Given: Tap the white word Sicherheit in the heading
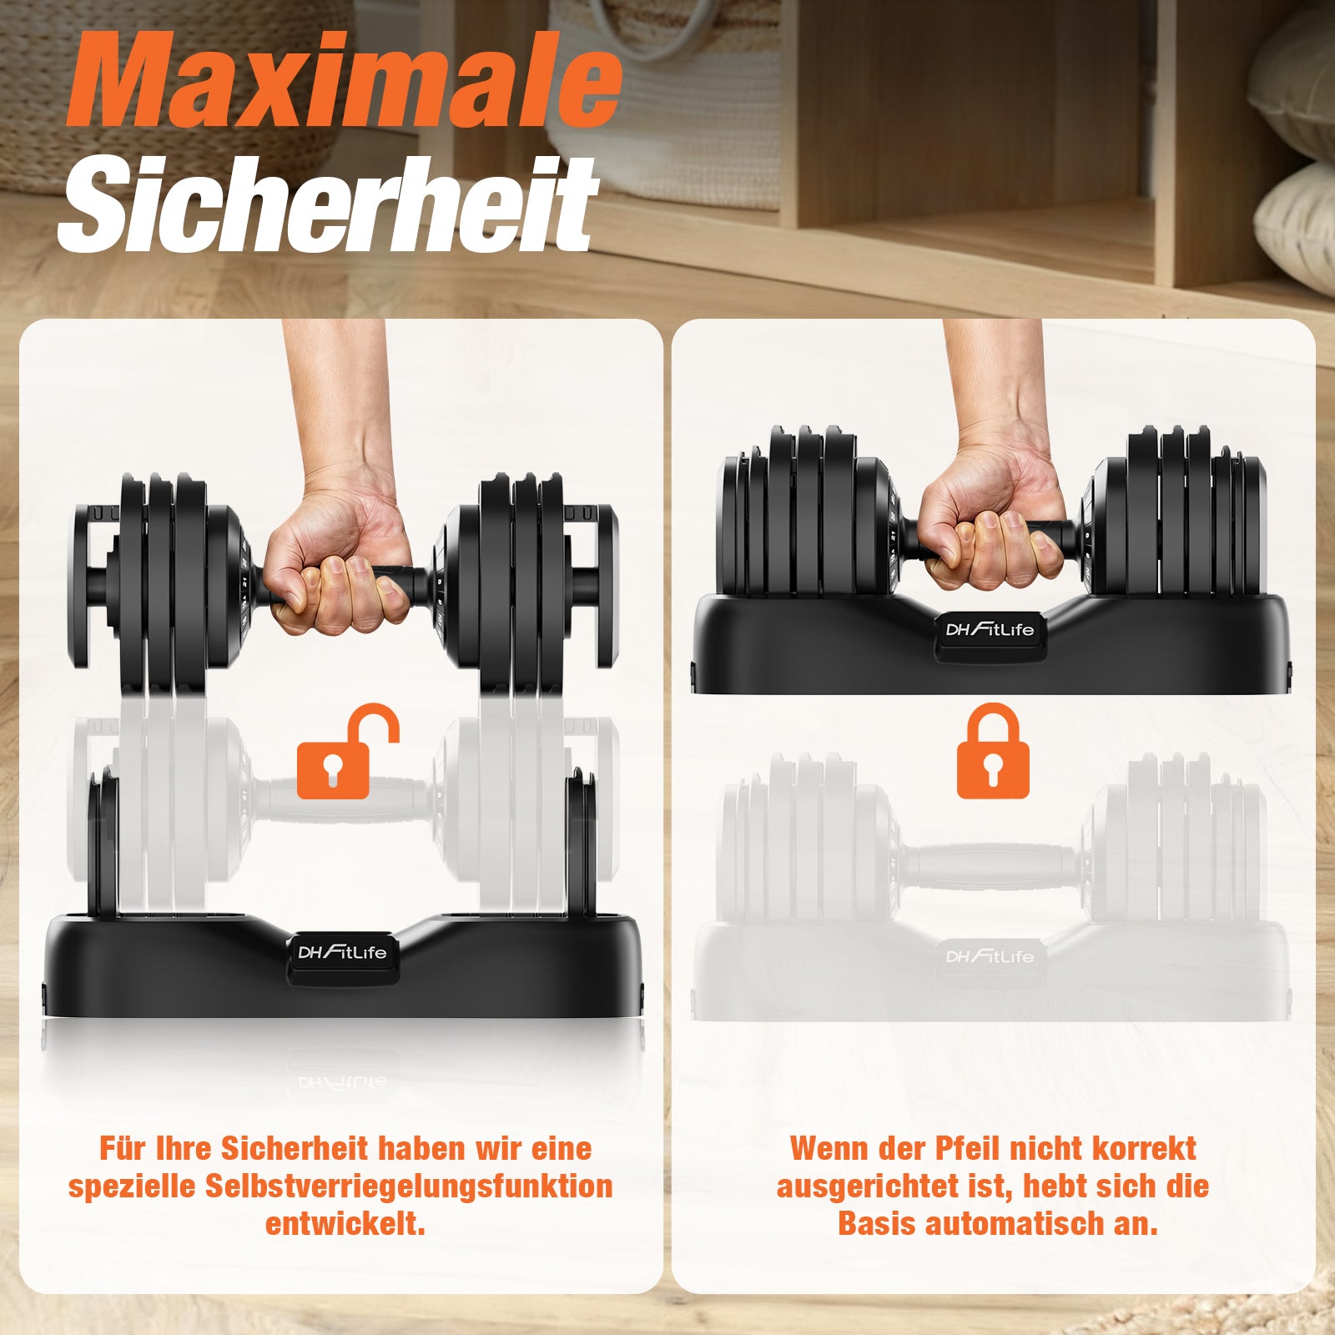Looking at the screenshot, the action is click(x=328, y=204).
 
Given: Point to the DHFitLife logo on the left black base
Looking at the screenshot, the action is click(x=343, y=952).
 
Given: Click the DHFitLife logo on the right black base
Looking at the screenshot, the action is click(x=990, y=628).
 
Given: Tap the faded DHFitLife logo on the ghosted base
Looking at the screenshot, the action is click(x=990, y=955).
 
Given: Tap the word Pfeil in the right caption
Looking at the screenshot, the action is click(x=966, y=1148).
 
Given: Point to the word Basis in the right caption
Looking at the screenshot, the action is click(x=878, y=1224).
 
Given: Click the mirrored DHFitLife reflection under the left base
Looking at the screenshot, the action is click(x=343, y=1082).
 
